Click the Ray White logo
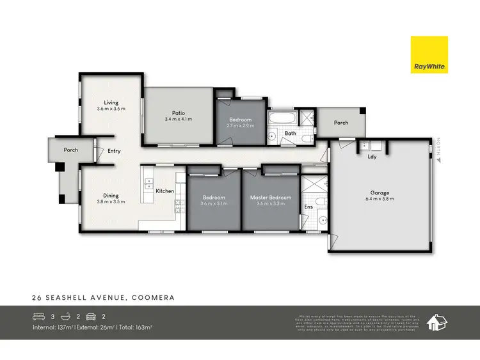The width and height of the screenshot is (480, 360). click(429, 54)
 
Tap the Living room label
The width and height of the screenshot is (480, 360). click(111, 102)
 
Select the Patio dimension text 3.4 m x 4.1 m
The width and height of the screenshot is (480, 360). click(178, 119)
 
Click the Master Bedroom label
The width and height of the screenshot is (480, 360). click(270, 198)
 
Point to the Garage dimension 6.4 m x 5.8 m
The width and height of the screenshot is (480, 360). click(380, 199)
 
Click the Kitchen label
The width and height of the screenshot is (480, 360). click(164, 191)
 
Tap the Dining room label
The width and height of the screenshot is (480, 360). click(111, 195)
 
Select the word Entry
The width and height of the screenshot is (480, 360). click(115, 151)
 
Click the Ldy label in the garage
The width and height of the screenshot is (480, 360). click(371, 155)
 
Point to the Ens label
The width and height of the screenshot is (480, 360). click(308, 207)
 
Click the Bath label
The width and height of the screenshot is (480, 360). click(290, 133)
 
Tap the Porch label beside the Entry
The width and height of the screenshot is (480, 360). click(70, 150)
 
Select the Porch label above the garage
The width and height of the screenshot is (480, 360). click(341, 122)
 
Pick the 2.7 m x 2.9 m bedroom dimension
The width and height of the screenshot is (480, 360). click(241, 126)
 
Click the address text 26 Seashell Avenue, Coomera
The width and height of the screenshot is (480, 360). click(104, 297)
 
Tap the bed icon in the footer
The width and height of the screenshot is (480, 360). click(39, 316)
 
